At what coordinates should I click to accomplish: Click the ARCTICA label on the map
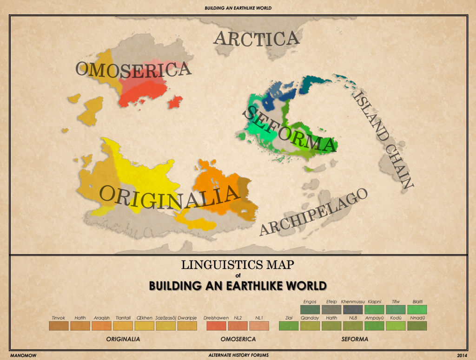point(256,39)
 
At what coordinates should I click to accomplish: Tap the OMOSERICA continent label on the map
point(133,69)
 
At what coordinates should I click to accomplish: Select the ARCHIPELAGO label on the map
point(313,212)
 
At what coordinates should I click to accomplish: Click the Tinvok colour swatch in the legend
point(59,326)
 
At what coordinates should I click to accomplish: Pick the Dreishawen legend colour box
point(216,326)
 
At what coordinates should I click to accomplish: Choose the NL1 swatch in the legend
point(259,326)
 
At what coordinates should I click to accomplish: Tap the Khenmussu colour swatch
point(353,309)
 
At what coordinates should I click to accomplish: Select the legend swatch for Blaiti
point(417,309)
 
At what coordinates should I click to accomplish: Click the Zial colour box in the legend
point(289,326)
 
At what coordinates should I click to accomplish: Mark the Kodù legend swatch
point(396,326)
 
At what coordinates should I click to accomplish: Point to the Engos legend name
point(310,302)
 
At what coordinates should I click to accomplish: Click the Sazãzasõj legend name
point(165,318)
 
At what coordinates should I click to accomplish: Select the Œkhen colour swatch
point(144,326)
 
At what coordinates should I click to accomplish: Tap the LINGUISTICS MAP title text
point(238,265)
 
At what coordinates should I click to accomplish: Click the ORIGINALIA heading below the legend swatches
point(123,340)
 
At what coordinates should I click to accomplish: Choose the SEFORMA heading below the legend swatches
point(355,340)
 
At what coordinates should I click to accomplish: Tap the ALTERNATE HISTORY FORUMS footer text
point(238,355)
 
